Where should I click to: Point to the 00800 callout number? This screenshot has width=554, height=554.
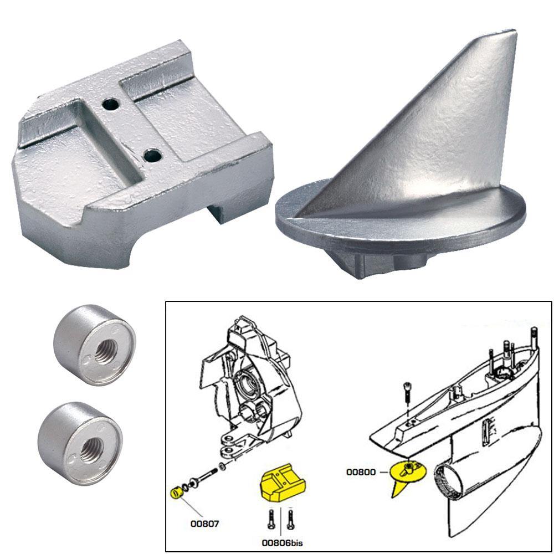pos(361,472)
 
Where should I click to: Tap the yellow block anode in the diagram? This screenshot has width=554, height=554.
pos(284,485)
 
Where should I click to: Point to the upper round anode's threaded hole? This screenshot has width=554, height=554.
pos(103,351)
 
